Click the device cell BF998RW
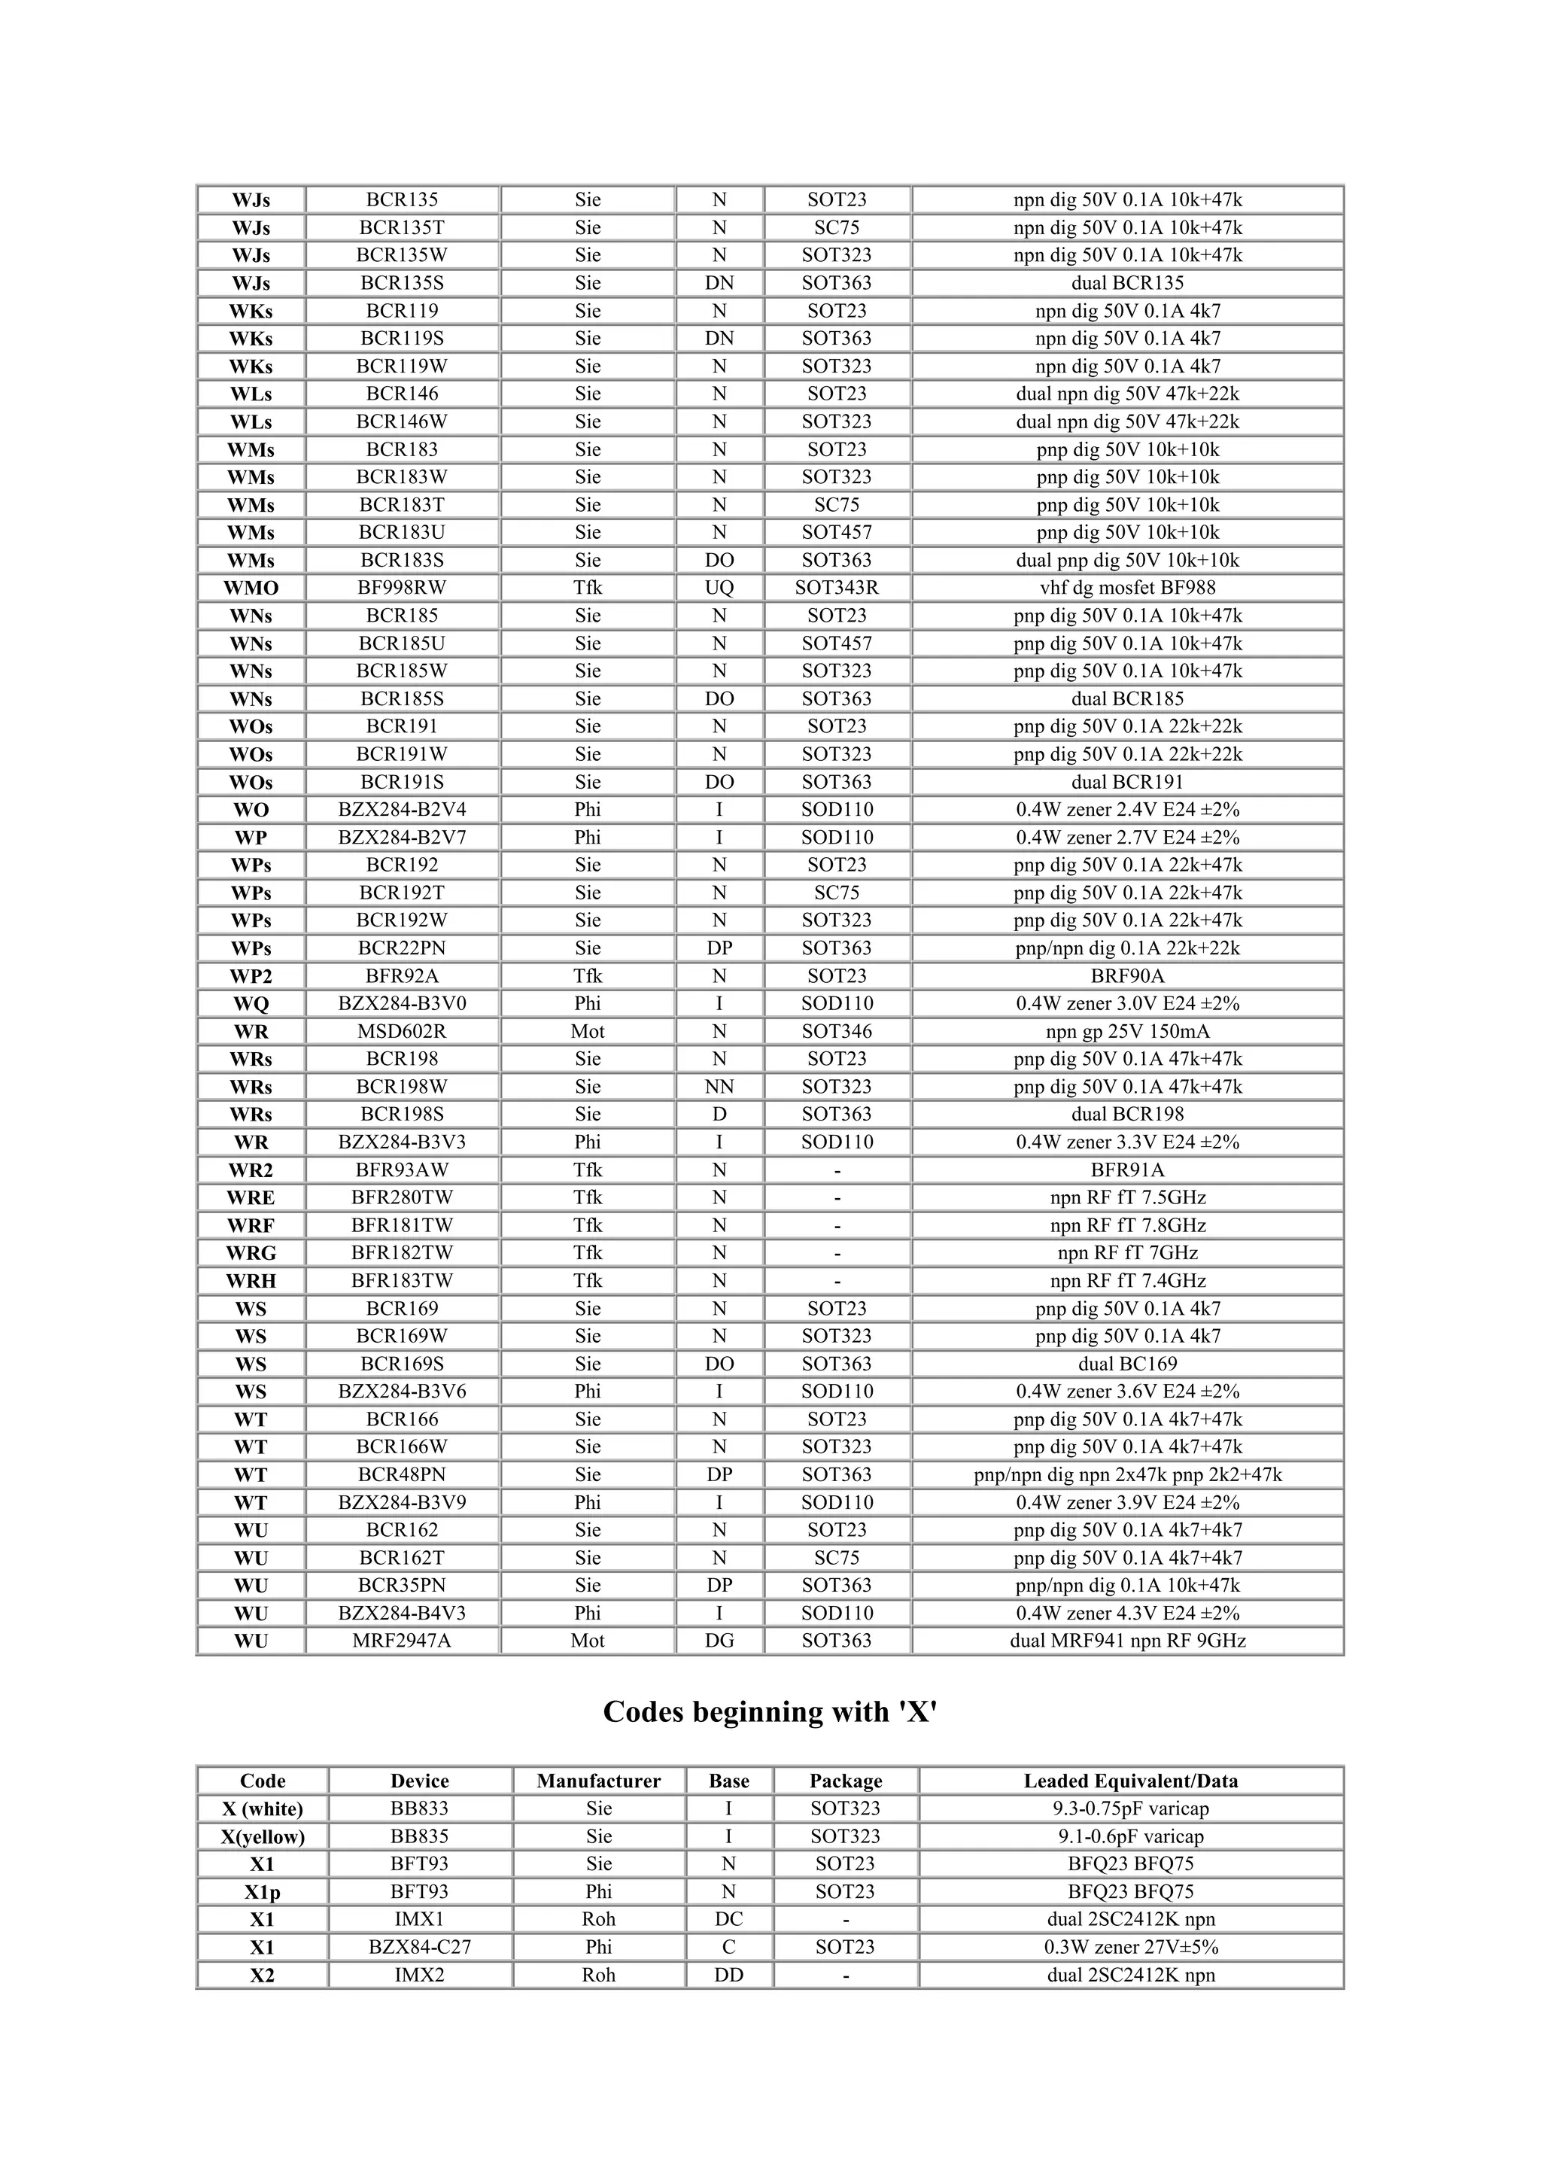(x=402, y=588)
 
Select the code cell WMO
(x=251, y=588)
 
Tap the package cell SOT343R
(x=837, y=588)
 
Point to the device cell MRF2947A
(x=402, y=1641)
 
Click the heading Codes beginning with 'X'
(x=770, y=1711)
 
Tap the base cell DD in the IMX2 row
(x=728, y=1975)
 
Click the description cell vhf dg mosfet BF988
(x=1127, y=588)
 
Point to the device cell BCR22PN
(x=402, y=948)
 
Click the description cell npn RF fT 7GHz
(x=1127, y=1253)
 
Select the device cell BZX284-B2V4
(x=402, y=809)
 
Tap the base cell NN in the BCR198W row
(x=719, y=1087)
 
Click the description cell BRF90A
(x=1127, y=975)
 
